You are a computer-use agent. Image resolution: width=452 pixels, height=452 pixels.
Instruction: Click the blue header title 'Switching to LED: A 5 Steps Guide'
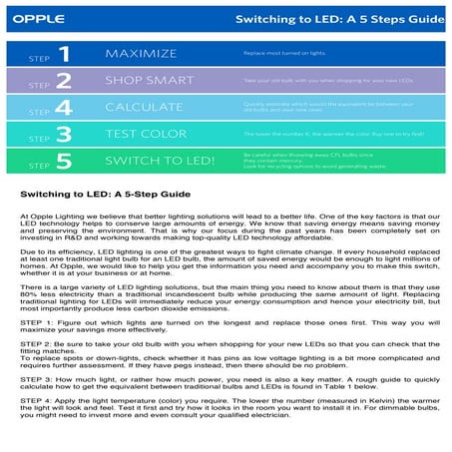click(332, 19)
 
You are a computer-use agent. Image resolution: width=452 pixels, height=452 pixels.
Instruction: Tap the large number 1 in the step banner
click(64, 53)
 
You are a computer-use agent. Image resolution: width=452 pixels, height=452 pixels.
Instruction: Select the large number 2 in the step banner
click(64, 80)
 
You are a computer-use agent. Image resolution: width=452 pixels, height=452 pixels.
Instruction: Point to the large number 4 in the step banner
click(64, 107)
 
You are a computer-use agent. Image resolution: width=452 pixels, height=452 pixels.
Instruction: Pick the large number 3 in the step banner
click(64, 133)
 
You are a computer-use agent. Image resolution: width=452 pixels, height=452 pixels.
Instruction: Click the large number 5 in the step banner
click(64, 160)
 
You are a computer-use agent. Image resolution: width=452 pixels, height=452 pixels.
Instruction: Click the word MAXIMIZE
click(141, 53)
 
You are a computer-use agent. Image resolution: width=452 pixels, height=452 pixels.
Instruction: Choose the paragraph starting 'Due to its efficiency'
click(226, 270)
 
